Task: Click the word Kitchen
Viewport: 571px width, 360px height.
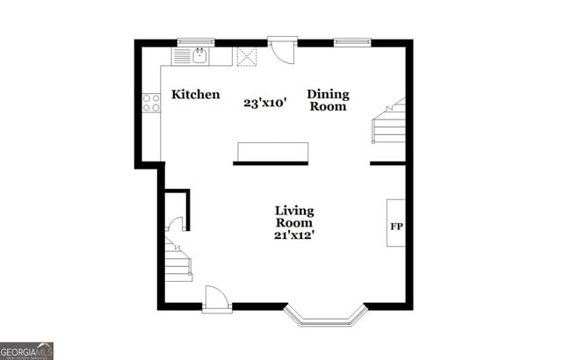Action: [x=195, y=95]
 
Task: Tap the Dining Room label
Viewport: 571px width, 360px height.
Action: [x=328, y=100]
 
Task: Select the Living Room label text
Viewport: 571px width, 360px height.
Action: [x=294, y=217]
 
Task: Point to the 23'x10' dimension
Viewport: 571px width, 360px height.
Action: [x=265, y=103]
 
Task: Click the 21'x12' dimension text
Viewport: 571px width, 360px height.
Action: [x=294, y=234]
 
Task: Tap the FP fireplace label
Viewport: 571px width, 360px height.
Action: [x=396, y=226]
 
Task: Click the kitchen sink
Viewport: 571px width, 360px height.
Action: [x=199, y=56]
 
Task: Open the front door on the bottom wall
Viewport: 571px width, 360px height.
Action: [x=216, y=299]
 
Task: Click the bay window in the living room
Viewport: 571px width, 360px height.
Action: [x=324, y=315]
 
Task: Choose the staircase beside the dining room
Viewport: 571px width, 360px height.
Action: [x=388, y=123]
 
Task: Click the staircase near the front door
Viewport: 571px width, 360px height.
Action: [x=177, y=258]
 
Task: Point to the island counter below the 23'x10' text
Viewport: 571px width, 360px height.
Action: [x=271, y=153]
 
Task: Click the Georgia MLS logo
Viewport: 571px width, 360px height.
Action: [x=26, y=350]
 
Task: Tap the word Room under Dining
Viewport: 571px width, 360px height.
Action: [x=328, y=107]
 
